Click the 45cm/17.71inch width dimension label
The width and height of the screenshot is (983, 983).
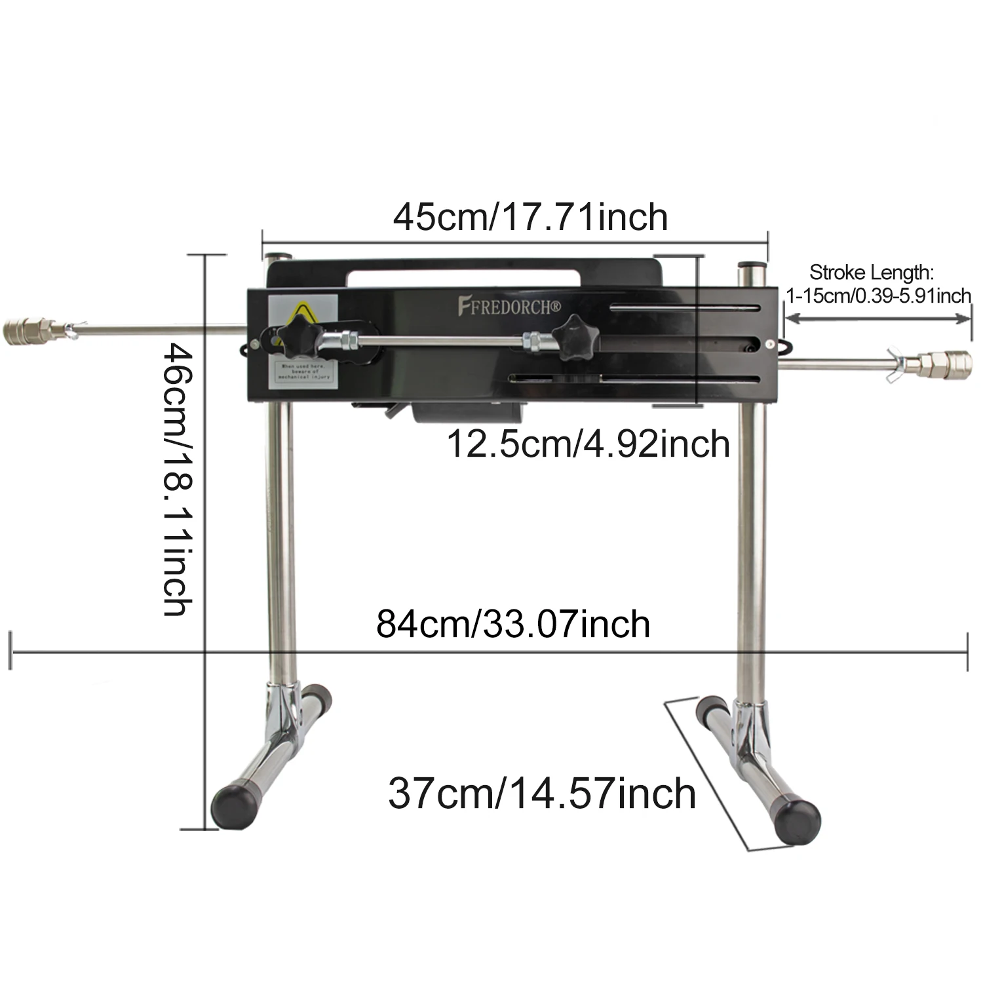530,218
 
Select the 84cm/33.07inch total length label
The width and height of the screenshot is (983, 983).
513,624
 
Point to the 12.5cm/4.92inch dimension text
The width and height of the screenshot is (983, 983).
588,444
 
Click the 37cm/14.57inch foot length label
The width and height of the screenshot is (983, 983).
541,794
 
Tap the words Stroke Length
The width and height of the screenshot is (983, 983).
871,272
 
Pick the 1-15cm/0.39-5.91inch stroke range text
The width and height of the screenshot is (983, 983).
878,296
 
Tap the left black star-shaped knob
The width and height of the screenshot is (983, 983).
292,336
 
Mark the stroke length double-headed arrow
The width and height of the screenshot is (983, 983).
878,318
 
